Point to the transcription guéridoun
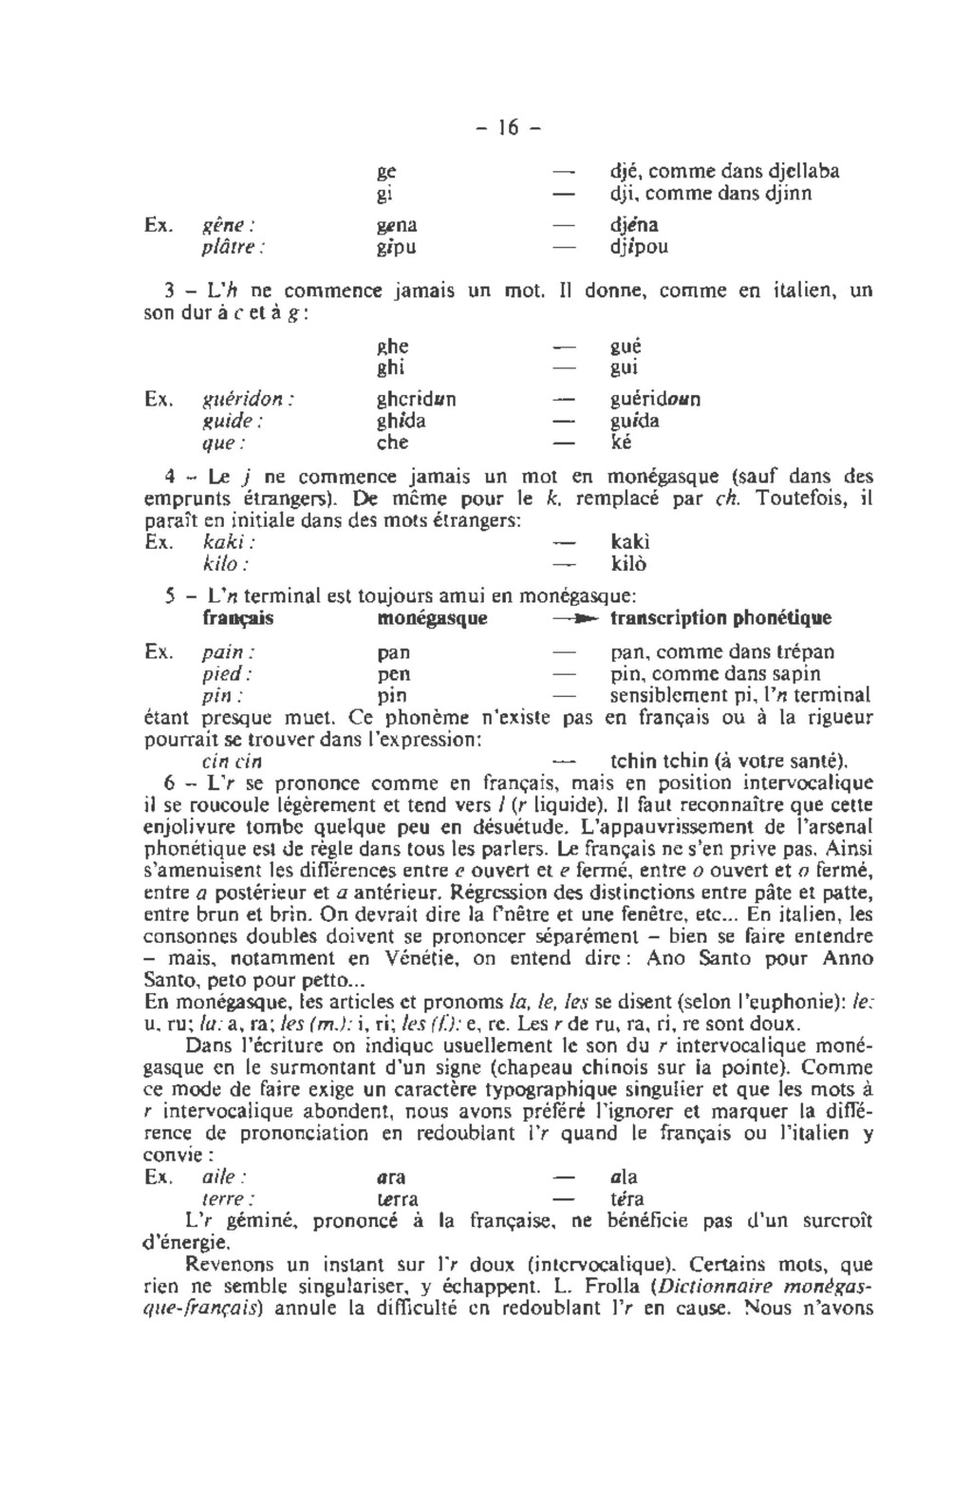tap(654, 400)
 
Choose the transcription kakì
tap(630, 542)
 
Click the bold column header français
tap(238, 618)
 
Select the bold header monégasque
tap(432, 618)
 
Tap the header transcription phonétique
tap(720, 618)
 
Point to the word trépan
tap(806, 652)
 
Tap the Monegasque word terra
tap(398, 1199)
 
